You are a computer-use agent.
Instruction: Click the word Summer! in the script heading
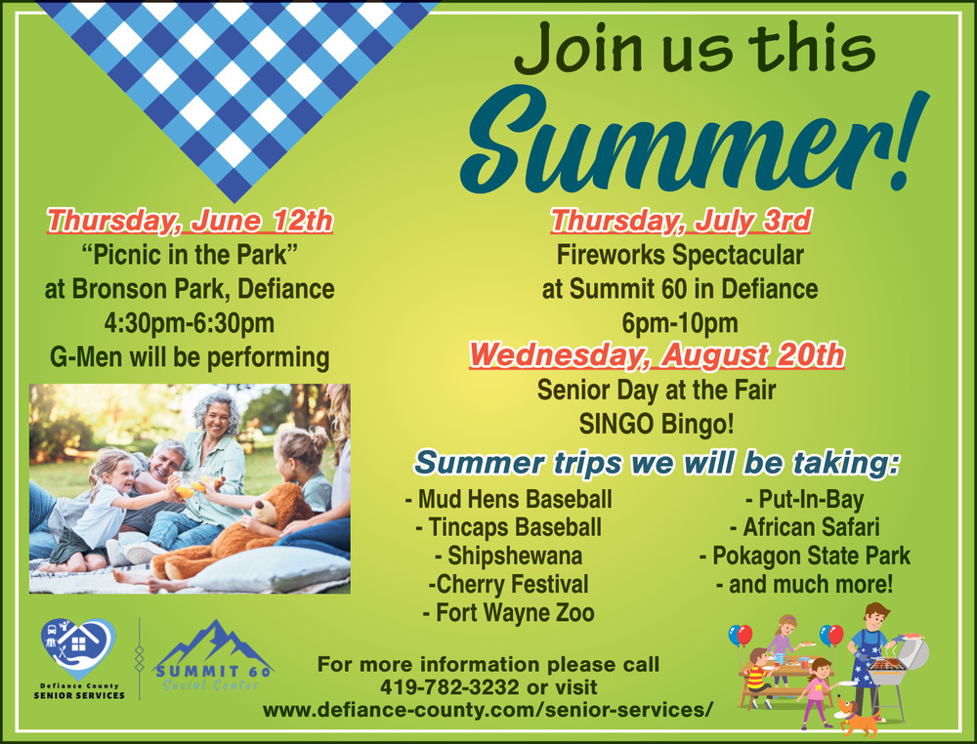pyautogui.click(x=695, y=140)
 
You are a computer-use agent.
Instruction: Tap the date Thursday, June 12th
pyautogui.click(x=191, y=221)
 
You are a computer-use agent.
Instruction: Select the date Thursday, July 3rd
pyautogui.click(x=680, y=221)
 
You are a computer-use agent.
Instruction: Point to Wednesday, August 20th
pyautogui.click(x=657, y=354)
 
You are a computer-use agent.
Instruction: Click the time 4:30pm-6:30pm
pyautogui.click(x=190, y=323)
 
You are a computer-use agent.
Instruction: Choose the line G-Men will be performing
pyautogui.click(x=190, y=357)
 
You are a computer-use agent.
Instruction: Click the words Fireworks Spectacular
pyautogui.click(x=680, y=255)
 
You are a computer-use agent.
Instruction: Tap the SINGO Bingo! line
pyautogui.click(x=657, y=424)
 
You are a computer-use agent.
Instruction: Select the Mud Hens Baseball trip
pyautogui.click(x=508, y=499)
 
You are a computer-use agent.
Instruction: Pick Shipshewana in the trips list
pyautogui.click(x=508, y=556)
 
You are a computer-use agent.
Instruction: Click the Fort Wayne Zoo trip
pyautogui.click(x=508, y=612)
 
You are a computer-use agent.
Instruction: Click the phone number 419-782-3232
pyautogui.click(x=449, y=687)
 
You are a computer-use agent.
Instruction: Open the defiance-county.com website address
pyautogui.click(x=488, y=710)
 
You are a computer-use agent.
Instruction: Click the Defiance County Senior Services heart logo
pyautogui.click(x=78, y=648)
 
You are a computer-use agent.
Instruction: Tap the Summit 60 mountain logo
pyautogui.click(x=212, y=655)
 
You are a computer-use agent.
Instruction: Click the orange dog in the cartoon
pyautogui.click(x=857, y=717)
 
